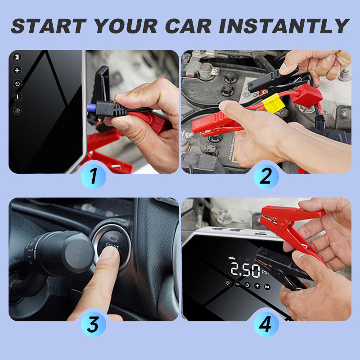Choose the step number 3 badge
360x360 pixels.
coord(94,324)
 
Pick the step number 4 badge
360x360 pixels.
coord(266,324)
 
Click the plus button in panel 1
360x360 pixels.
coord(17,70)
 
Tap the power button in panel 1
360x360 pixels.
coord(17,83)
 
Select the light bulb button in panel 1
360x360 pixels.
coord(17,110)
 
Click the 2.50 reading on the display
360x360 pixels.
coord(246,270)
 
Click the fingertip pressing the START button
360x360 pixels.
coord(106,254)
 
